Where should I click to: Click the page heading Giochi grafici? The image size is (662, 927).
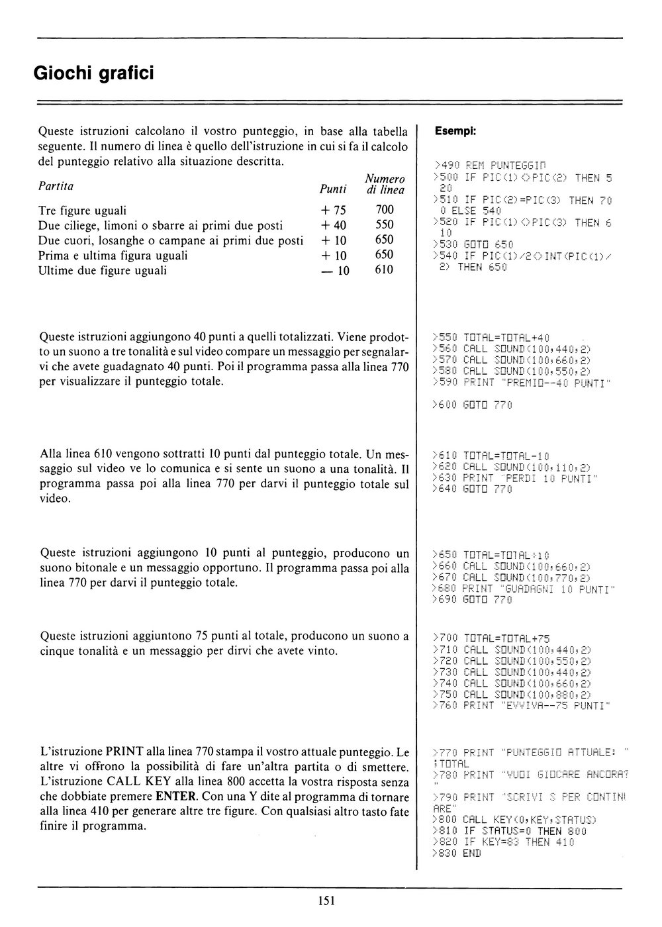point(93,72)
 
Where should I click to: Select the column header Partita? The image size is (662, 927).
point(56,186)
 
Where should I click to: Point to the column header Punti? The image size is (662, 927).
point(333,190)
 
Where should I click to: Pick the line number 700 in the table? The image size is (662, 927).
point(384,210)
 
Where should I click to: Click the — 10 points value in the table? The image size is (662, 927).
point(334,270)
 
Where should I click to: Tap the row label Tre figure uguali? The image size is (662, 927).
point(83,211)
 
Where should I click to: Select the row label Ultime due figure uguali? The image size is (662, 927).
point(103,270)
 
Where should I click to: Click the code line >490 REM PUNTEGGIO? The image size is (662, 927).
point(490,165)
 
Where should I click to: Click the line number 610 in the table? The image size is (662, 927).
point(384,270)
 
